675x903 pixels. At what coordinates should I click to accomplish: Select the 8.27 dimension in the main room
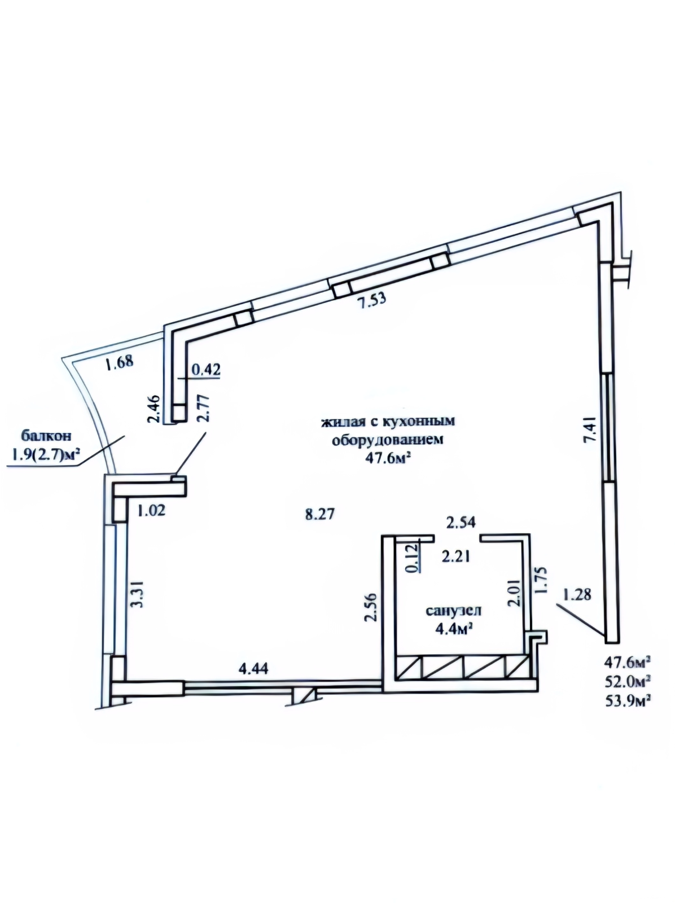pos(321,514)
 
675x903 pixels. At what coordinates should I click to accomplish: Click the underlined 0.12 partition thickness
pos(413,557)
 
